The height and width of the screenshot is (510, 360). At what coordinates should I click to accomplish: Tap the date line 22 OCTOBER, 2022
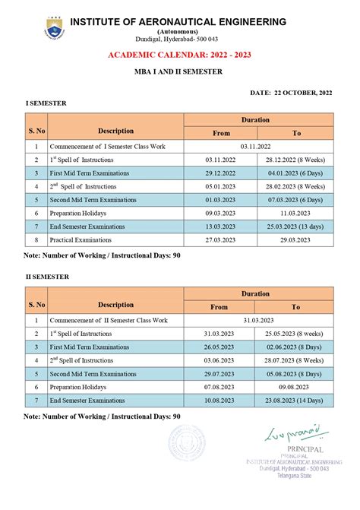291,92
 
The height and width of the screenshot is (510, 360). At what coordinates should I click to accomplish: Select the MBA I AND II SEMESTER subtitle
180,73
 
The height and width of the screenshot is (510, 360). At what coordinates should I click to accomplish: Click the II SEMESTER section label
47,277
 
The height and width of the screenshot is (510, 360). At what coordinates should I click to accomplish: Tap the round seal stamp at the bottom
186,443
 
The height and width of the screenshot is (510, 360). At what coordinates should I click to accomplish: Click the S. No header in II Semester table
36,300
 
